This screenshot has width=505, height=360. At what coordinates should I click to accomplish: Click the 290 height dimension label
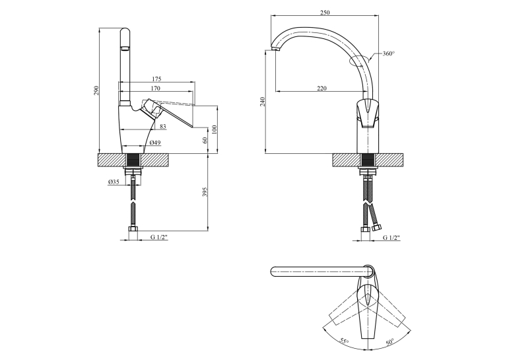tap(96, 90)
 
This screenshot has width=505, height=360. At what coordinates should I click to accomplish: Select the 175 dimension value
tap(156, 79)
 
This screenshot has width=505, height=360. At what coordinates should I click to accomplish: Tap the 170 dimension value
tap(155, 88)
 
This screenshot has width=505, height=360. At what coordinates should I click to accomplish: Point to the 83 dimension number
tap(163, 127)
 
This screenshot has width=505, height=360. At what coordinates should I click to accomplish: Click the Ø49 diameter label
tap(155, 143)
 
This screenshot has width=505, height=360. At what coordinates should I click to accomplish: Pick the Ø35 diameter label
tap(114, 182)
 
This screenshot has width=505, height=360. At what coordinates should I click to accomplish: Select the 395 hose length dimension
tap(206, 192)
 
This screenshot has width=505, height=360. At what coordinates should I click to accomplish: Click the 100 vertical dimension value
tap(215, 129)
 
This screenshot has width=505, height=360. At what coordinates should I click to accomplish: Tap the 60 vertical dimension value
tap(205, 140)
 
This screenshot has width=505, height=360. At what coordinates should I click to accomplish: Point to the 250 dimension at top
tap(325, 13)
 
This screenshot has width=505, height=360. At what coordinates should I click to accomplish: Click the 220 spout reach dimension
tap(321, 89)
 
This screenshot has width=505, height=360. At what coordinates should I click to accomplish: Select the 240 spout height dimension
tap(263, 102)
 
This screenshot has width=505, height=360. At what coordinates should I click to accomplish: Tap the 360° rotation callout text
tap(389, 54)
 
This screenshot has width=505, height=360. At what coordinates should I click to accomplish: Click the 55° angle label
tap(344, 342)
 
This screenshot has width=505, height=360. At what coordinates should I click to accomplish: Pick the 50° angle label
tap(390, 342)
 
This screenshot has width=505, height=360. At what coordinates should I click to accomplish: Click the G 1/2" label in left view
tap(159, 237)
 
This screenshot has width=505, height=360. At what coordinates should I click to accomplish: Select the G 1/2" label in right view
tap(391, 238)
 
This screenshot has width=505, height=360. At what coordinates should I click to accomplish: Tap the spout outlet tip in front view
tap(275, 49)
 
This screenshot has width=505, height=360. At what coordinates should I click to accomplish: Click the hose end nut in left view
tap(133, 229)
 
